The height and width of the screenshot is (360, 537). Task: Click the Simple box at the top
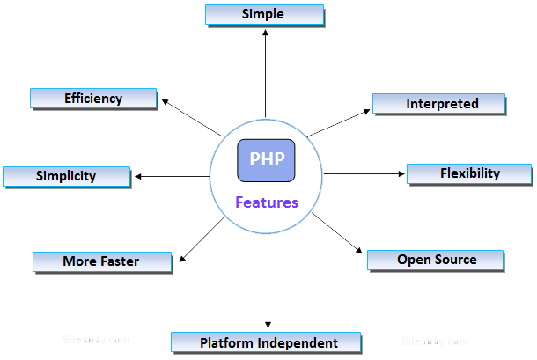tap(264, 15)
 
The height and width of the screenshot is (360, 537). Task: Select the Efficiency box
tap(93, 99)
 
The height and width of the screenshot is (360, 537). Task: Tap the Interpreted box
tap(439, 104)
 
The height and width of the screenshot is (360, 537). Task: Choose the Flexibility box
tap(468, 173)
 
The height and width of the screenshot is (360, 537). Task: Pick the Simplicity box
tap(66, 176)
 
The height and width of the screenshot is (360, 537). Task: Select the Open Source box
tap(435, 260)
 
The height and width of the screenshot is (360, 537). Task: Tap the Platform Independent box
tap(267, 342)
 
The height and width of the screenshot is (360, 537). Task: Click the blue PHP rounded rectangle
tap(266, 161)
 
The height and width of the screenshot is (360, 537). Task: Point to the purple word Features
tap(266, 202)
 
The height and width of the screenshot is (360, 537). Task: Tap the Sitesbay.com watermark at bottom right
tap(435, 341)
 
